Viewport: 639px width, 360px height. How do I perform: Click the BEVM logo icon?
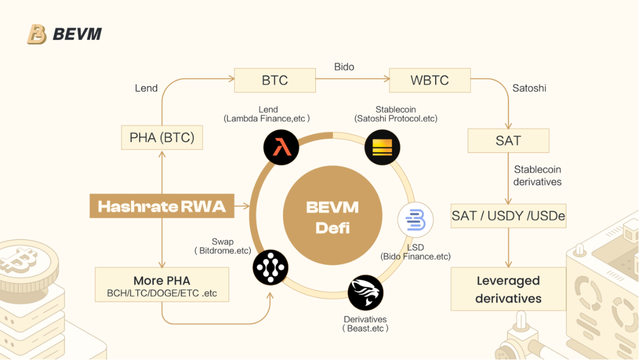tap(37, 35)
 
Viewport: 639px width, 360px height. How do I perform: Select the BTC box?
tap(275, 80)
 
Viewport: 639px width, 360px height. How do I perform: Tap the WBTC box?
tap(429, 80)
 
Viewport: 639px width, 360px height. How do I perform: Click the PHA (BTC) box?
tap(162, 138)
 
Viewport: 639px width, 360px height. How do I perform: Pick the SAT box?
tap(508, 141)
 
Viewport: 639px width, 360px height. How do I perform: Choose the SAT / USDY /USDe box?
tap(508, 216)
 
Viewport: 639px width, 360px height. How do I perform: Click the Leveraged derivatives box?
tap(508, 289)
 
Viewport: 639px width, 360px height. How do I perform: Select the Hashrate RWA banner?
tap(162, 206)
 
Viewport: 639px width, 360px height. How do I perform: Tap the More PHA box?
tap(162, 285)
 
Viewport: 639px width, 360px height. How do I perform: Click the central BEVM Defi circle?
tap(333, 215)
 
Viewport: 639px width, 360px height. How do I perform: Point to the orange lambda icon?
tap(281, 147)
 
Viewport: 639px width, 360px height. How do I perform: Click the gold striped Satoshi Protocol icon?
tap(382, 147)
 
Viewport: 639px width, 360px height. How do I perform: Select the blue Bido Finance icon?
tap(416, 220)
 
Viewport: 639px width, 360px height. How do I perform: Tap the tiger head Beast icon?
tap(366, 293)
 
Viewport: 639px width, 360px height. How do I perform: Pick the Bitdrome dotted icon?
tap(271, 268)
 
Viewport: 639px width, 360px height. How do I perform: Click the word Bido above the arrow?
tap(344, 67)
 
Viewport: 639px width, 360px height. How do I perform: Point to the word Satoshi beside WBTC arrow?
tap(529, 88)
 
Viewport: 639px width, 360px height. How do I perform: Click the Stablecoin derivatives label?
tap(538, 176)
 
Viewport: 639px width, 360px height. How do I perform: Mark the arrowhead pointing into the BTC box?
tap(231, 79)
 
